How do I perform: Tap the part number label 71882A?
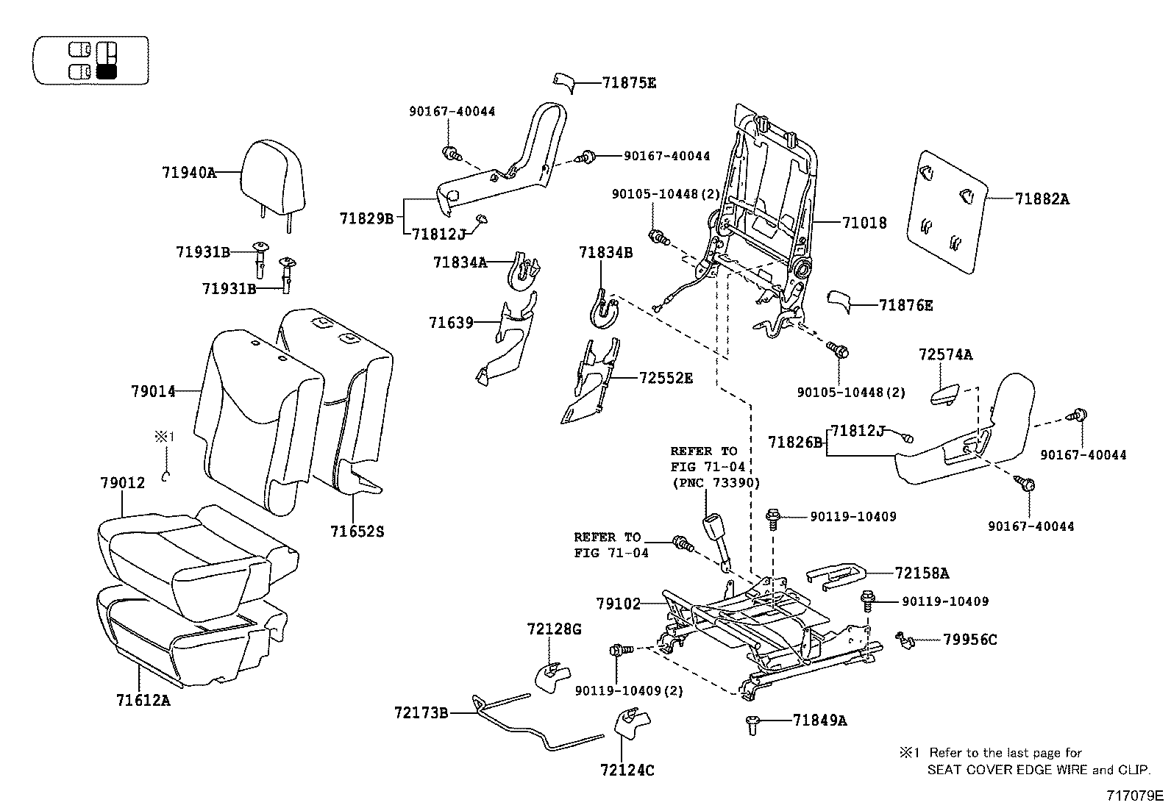tap(1042, 199)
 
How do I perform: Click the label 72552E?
tap(666, 379)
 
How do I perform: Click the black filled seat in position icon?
tap(107, 71)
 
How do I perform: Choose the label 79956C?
tap(969, 640)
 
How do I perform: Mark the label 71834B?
tap(605, 252)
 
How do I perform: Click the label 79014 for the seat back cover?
tap(154, 392)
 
